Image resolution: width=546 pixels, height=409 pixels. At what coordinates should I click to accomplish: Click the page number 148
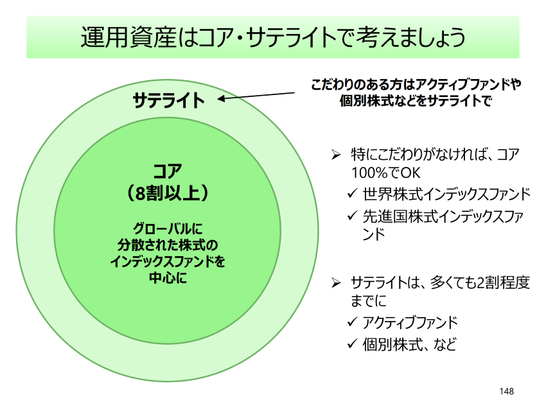coord(506,391)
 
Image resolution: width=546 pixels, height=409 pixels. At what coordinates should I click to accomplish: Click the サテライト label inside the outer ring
coord(168,100)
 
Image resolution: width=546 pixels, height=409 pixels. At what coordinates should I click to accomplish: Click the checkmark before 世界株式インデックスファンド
coord(351,194)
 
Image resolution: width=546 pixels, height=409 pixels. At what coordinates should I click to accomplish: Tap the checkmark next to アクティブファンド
coord(351,322)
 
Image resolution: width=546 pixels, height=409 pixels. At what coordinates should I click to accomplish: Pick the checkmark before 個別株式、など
coord(351,344)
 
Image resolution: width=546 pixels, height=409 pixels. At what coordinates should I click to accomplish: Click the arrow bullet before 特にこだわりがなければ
coord(334,155)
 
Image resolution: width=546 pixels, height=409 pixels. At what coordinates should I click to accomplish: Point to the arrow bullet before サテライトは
coord(334,283)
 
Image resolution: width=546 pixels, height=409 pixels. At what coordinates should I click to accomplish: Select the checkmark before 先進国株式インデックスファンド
coord(351,216)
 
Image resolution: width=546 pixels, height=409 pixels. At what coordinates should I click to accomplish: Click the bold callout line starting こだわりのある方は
coord(416,84)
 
